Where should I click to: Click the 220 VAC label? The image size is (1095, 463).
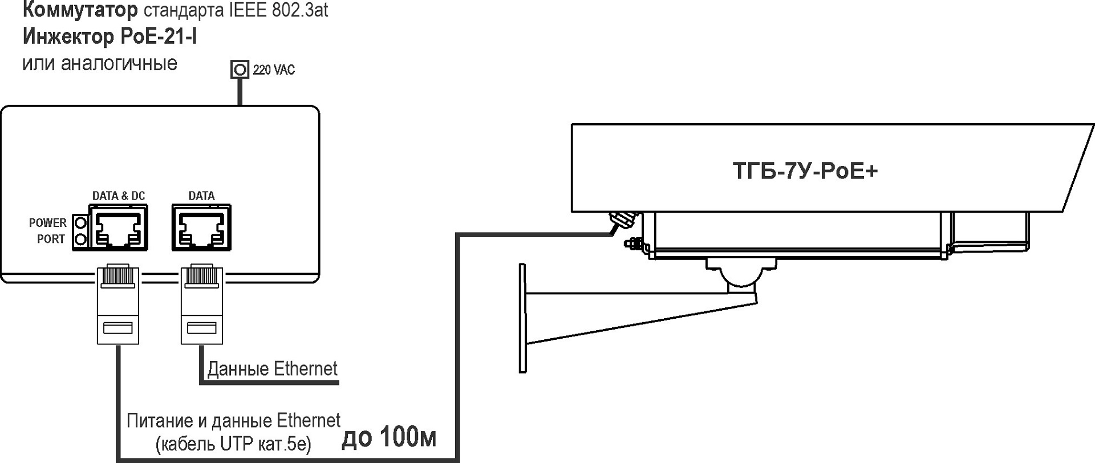pos(274,70)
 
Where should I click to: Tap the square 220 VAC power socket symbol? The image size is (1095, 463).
pos(240,70)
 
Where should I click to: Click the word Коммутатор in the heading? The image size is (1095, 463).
pos(80,9)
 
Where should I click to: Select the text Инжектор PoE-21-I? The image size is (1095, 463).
pos(110,36)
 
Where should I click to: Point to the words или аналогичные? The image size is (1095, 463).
pos(100,63)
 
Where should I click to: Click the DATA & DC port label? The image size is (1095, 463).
pos(119,196)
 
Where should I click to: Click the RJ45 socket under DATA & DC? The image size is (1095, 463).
pos(119,227)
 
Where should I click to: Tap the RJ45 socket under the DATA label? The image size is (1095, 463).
pos(202,227)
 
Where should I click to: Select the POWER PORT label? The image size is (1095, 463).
pos(48,230)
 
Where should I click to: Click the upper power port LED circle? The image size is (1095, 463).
pos(80,222)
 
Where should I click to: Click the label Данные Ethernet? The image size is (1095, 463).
pos(273,369)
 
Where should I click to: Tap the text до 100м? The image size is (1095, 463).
pos(390,437)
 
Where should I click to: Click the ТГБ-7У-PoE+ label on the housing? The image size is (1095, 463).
pos(805,170)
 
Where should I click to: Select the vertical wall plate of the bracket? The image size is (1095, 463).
pos(522,318)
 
